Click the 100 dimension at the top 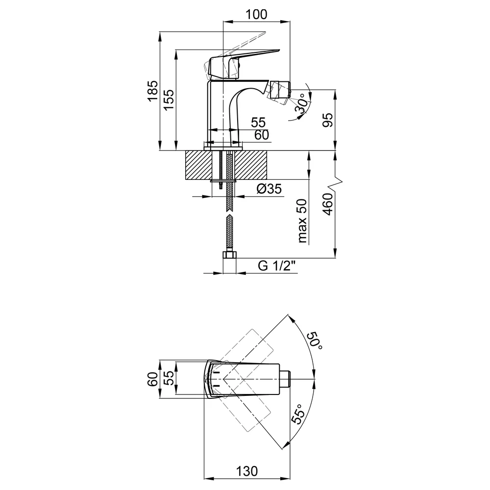pyautogui.click(x=256, y=14)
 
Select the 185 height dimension pyautogui.click(x=153, y=91)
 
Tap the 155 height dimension pyautogui.click(x=169, y=99)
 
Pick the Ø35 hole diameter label pyautogui.click(x=269, y=189)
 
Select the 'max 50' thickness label pyautogui.click(x=303, y=220)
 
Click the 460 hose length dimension pyautogui.click(x=328, y=204)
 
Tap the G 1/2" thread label pyautogui.click(x=277, y=266)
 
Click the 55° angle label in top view pyautogui.click(x=299, y=414)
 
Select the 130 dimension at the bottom pyautogui.click(x=247, y=471)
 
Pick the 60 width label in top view pyautogui.click(x=153, y=379)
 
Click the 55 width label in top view pyautogui.click(x=169, y=378)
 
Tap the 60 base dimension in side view pyautogui.click(x=262, y=135)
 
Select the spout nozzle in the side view pyautogui.click(x=281, y=91)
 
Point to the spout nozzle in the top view pyautogui.click(x=285, y=379)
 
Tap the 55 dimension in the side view pyautogui.click(x=258, y=122)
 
